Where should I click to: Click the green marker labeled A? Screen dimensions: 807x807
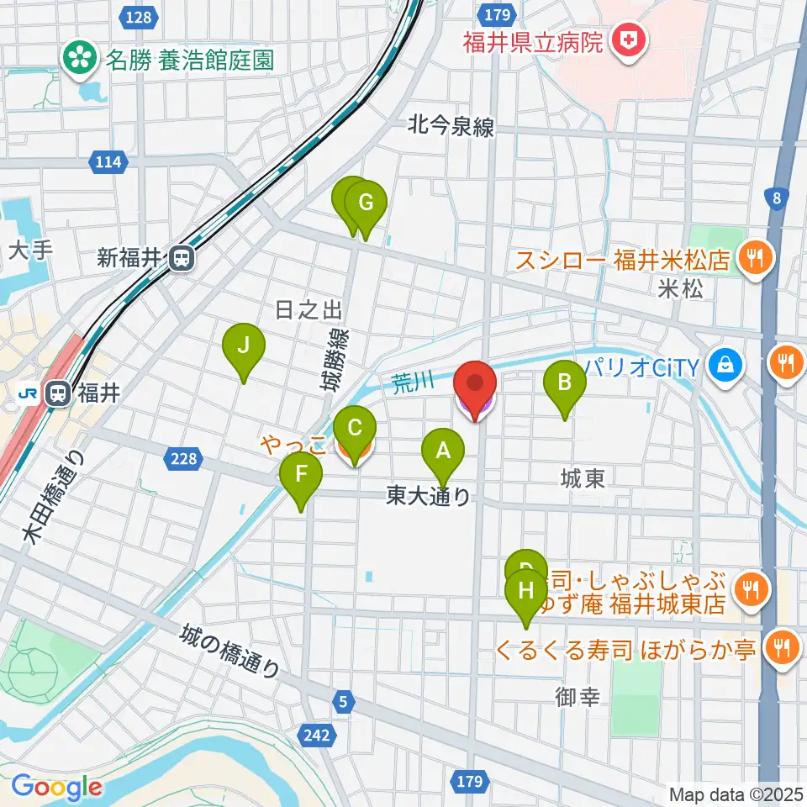pos(442,454)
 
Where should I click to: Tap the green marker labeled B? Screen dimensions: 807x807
pos(565,384)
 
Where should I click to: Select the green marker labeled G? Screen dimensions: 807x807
pos(366,204)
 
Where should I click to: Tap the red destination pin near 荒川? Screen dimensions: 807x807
pos(475,388)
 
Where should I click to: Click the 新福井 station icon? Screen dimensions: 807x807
pos(181,258)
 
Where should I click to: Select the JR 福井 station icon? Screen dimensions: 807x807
pos(59,393)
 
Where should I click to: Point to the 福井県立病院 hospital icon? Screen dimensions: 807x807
pos(627,39)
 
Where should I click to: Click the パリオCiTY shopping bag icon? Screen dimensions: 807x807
pos(722,365)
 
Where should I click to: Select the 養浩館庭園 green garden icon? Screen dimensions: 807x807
pos(82,59)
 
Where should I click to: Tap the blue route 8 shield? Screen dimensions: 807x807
pos(777,198)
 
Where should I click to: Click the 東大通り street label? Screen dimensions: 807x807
pos(429,497)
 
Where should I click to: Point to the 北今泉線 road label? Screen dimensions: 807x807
pos(451,127)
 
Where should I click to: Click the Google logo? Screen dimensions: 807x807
pos(57,788)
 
